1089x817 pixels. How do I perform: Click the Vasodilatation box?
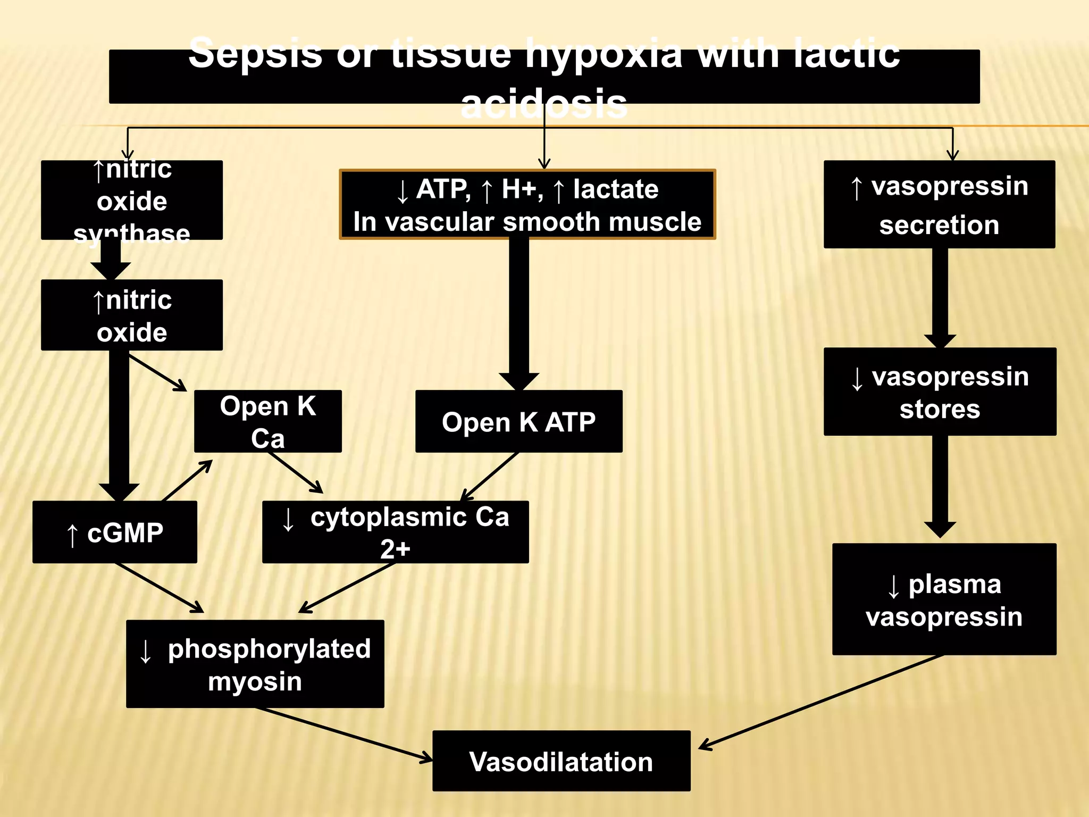561,761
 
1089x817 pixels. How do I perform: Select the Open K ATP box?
518,421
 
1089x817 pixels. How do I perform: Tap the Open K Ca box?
267,421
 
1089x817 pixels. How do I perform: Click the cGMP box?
114,532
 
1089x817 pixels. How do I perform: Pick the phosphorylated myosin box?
255,664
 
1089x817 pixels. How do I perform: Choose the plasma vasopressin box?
944,599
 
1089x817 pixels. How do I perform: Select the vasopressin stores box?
940,391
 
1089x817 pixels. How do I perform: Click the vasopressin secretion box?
939,204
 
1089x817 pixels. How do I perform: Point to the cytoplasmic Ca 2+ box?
395,532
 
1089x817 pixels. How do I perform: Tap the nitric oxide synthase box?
131,200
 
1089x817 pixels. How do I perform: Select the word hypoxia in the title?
604,53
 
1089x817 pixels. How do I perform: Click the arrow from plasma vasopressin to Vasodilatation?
819,702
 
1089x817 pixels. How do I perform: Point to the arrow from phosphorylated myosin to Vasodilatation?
346,734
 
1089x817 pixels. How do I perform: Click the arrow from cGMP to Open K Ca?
187,480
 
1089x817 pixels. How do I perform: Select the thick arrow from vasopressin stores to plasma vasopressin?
940,484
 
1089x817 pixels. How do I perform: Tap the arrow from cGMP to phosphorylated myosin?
160,588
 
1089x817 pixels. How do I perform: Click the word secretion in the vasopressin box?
939,225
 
